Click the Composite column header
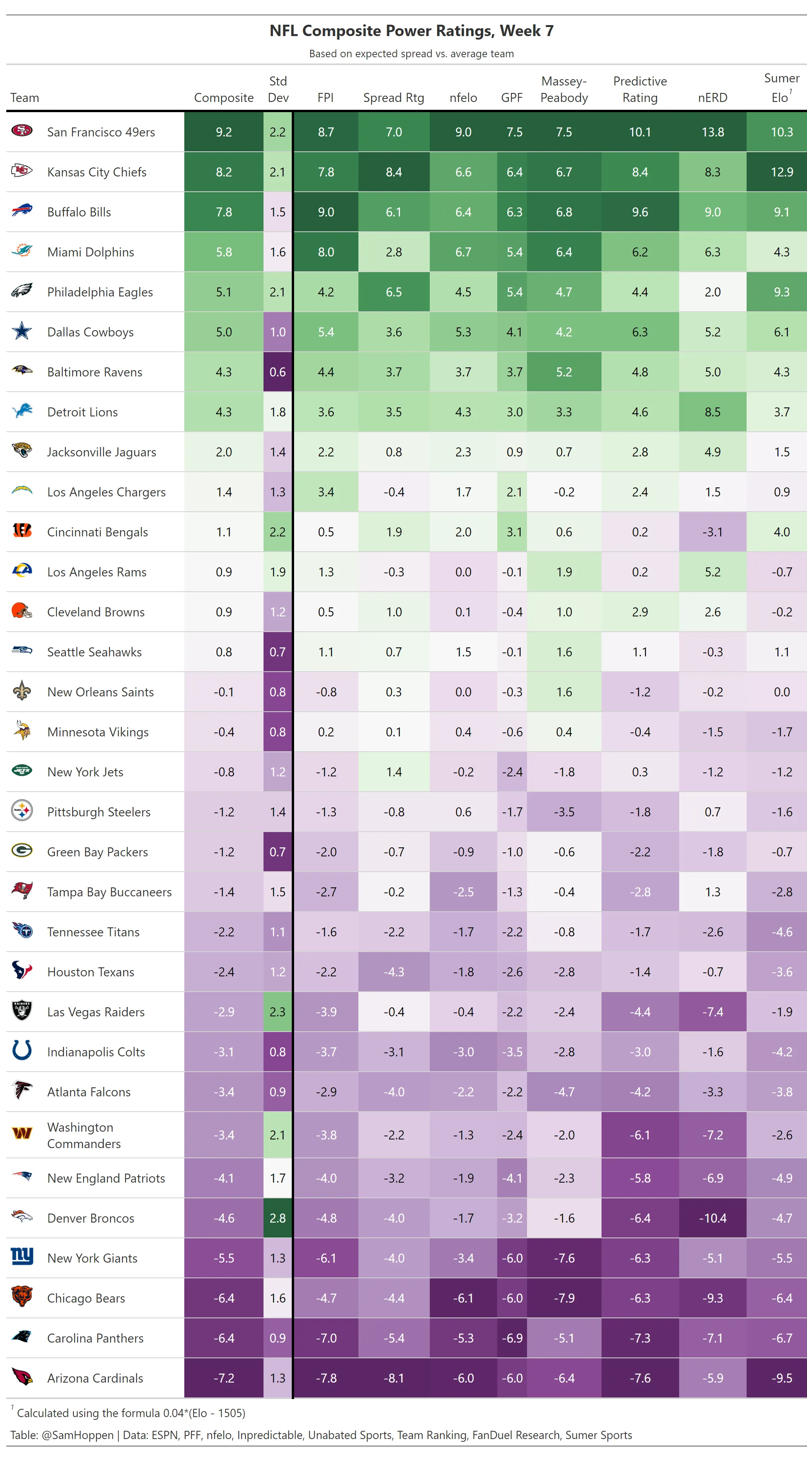coord(224,98)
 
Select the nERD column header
coord(712,98)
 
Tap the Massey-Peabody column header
coord(564,90)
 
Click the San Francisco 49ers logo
coord(22,131)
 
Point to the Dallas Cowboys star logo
coord(22,331)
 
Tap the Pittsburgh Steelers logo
coord(22,811)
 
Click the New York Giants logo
coord(22,1257)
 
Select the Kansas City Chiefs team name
coord(96,172)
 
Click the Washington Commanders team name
coord(84,1135)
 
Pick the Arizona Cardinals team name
coord(95,1378)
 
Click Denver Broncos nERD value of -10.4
coord(712,1218)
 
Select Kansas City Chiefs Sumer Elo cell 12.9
coord(782,172)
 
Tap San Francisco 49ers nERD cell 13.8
coord(712,132)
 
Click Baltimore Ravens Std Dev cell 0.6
coord(277,372)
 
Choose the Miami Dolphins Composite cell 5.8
coord(224,252)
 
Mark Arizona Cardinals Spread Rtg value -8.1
coord(394,1378)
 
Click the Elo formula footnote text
coord(131,1413)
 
